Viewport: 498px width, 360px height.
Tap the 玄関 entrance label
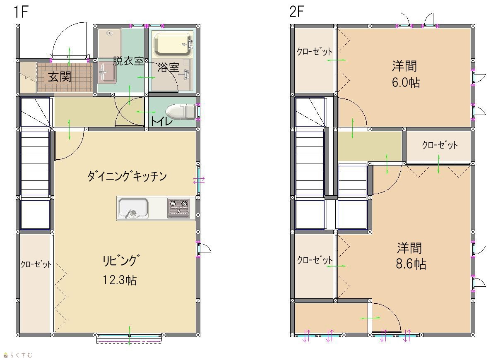[60, 77]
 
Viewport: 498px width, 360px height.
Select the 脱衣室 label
[128, 61]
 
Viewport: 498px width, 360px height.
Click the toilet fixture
[180, 112]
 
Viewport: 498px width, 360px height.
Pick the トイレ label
[161, 122]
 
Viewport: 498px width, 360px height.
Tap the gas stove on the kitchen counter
[179, 209]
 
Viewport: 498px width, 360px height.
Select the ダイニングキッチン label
[127, 176]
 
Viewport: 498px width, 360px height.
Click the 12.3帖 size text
[120, 280]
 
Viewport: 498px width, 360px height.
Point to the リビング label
[121, 260]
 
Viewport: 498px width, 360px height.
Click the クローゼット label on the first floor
[36, 264]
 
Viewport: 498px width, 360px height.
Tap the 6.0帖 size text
[406, 82]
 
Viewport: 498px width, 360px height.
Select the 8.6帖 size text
[411, 264]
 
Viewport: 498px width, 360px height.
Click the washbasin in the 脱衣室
[107, 72]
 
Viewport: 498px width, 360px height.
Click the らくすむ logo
[18, 355]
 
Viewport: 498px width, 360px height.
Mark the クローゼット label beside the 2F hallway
[440, 145]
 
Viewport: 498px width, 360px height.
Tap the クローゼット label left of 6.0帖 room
[314, 51]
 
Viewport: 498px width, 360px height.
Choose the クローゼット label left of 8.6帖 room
[315, 260]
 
